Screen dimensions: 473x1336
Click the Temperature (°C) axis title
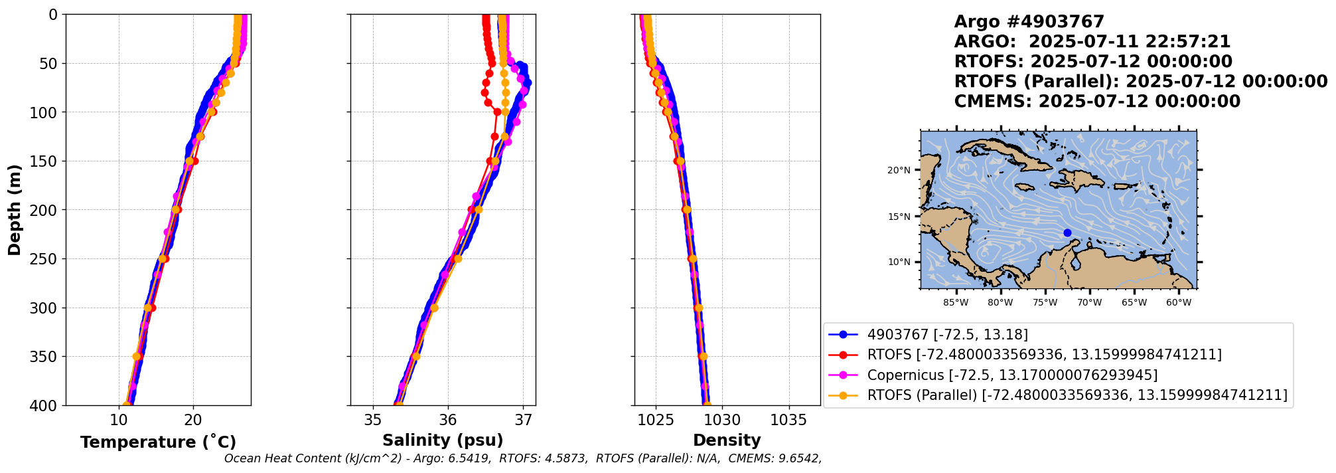coord(158,442)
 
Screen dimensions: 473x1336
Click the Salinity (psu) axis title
coord(443,440)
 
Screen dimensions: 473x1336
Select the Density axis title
coord(727,440)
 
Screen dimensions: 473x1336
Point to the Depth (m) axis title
coord(14,210)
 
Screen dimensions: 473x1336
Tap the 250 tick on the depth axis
coord(46,259)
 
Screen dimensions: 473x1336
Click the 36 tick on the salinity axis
coord(448,420)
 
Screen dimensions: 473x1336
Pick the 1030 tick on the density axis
coord(722,420)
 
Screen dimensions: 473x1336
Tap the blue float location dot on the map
coord(1067,233)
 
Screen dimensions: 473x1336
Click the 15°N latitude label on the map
coord(899,217)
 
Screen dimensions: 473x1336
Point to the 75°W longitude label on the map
coord(1045,303)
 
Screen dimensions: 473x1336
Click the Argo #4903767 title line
coord(1029,22)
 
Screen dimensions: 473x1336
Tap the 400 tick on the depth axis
coord(46,405)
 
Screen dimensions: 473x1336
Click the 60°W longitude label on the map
coord(1178,303)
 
